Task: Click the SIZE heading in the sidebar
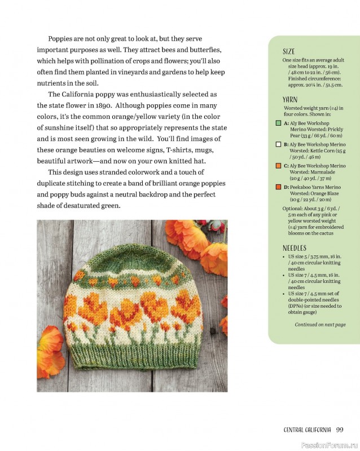289,51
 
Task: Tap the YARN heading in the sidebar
291,100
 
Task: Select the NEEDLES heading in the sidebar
295,248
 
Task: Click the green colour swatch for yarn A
278,122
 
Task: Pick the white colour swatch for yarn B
278,144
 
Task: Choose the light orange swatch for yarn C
278,166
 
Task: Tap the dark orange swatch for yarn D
278,187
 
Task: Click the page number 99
340,430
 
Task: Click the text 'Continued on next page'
320,325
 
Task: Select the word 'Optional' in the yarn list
295,208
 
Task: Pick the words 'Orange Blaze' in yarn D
326,193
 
